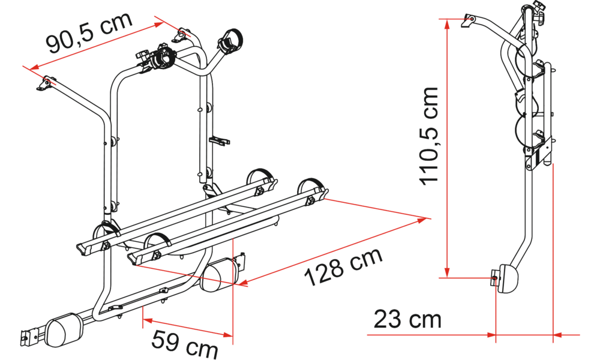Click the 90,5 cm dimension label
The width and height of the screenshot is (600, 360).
click(x=89, y=32)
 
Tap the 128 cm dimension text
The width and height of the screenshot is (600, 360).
click(x=343, y=266)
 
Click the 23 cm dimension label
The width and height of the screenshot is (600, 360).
click(x=407, y=319)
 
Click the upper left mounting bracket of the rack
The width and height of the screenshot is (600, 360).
click(x=45, y=84)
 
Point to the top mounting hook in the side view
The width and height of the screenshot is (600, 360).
click(x=468, y=20)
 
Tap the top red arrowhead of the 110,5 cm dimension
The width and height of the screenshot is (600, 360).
click(x=446, y=23)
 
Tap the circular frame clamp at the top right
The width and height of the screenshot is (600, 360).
click(x=230, y=40)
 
